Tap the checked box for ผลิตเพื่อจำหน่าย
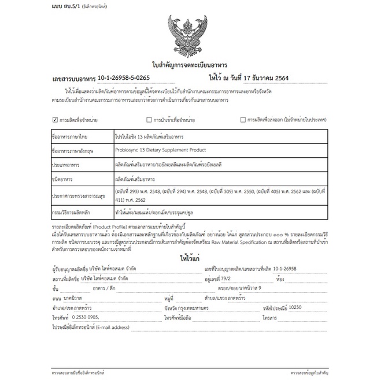point(55,120)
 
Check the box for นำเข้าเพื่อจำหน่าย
point(149,120)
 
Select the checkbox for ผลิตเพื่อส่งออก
point(243,120)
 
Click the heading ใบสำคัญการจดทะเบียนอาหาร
point(190,65)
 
